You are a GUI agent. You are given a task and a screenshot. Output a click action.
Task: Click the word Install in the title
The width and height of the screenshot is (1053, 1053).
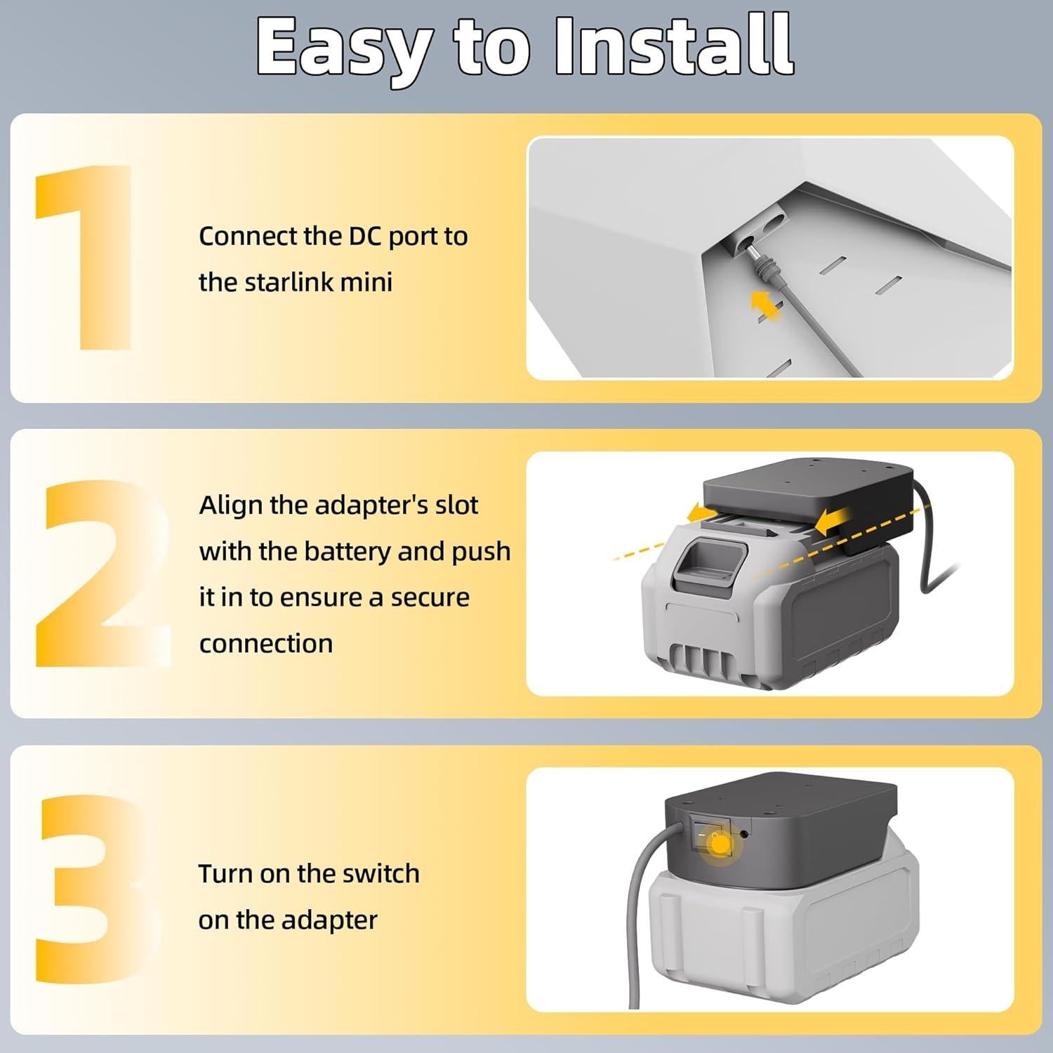tap(675, 46)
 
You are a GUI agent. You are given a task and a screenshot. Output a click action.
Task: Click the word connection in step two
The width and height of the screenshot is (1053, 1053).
tap(266, 644)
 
